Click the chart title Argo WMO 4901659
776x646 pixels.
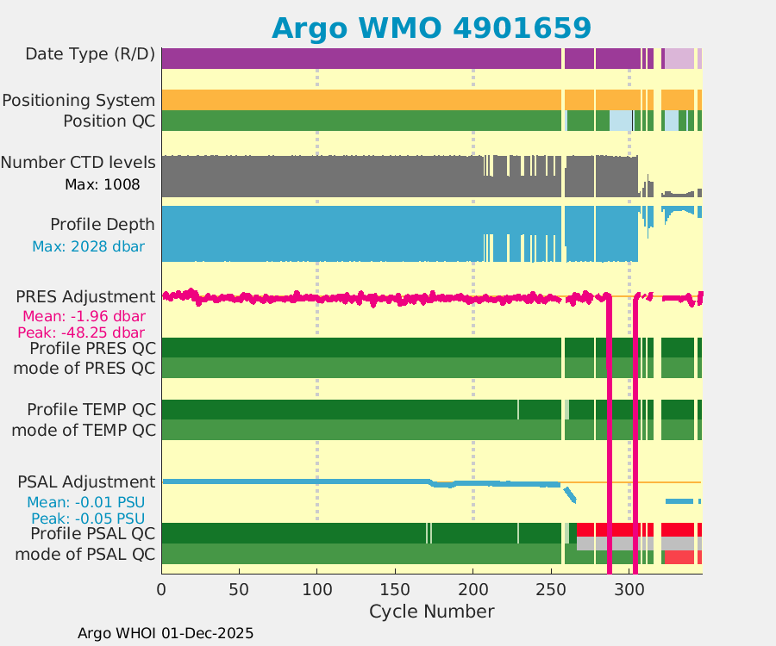click(x=431, y=28)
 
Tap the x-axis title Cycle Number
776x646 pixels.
click(x=431, y=612)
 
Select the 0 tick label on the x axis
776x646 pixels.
click(x=162, y=589)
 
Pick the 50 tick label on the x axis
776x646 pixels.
click(x=240, y=589)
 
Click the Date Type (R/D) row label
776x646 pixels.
click(x=91, y=54)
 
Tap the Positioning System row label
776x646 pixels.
click(x=78, y=101)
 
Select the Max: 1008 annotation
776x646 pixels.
click(x=102, y=184)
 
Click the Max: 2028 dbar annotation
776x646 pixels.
click(x=88, y=247)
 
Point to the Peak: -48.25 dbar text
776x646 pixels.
click(x=83, y=332)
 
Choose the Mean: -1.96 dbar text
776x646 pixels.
click(x=84, y=315)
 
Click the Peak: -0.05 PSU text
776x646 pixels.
click(x=88, y=519)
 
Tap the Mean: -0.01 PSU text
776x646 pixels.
click(x=85, y=502)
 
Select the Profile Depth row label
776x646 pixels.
click(x=103, y=225)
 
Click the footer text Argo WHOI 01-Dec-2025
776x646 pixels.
click(x=166, y=633)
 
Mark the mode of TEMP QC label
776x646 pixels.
click(x=84, y=430)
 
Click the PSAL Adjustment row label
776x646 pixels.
click(x=87, y=481)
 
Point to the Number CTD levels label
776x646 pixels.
click(x=78, y=163)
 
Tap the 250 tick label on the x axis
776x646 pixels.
click(x=551, y=589)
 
